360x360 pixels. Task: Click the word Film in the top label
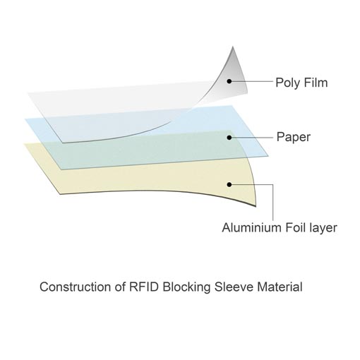tap(316, 83)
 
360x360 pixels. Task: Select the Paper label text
tap(294, 137)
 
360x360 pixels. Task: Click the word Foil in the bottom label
tap(295, 227)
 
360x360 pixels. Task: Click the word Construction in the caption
tap(75, 287)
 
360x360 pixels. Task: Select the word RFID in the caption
tap(144, 287)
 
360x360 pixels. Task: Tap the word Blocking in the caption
tap(186, 287)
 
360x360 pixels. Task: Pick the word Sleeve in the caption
tap(234, 287)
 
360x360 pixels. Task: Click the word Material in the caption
tap(280, 287)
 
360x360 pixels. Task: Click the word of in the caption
tap(120, 287)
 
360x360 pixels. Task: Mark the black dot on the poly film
tap(229, 81)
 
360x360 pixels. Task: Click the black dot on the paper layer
tap(229, 138)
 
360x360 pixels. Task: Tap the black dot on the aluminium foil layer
tap(229, 184)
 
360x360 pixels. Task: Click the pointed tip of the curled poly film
tap(233, 47)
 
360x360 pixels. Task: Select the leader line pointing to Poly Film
tap(252, 81)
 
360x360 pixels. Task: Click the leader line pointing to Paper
tap(252, 138)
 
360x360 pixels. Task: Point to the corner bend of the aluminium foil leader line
tap(273, 184)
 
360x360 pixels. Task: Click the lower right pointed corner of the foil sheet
tap(256, 207)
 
